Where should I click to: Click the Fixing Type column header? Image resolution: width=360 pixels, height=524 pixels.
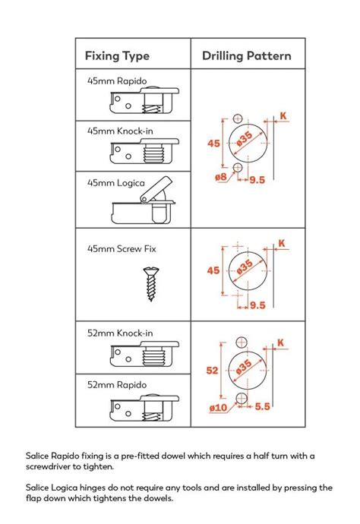(x=117, y=56)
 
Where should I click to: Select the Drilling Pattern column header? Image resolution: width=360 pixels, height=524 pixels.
(x=246, y=56)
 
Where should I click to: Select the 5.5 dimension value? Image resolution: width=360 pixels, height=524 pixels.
(x=264, y=407)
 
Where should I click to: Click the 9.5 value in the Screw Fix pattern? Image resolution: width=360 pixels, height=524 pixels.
(x=257, y=306)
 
